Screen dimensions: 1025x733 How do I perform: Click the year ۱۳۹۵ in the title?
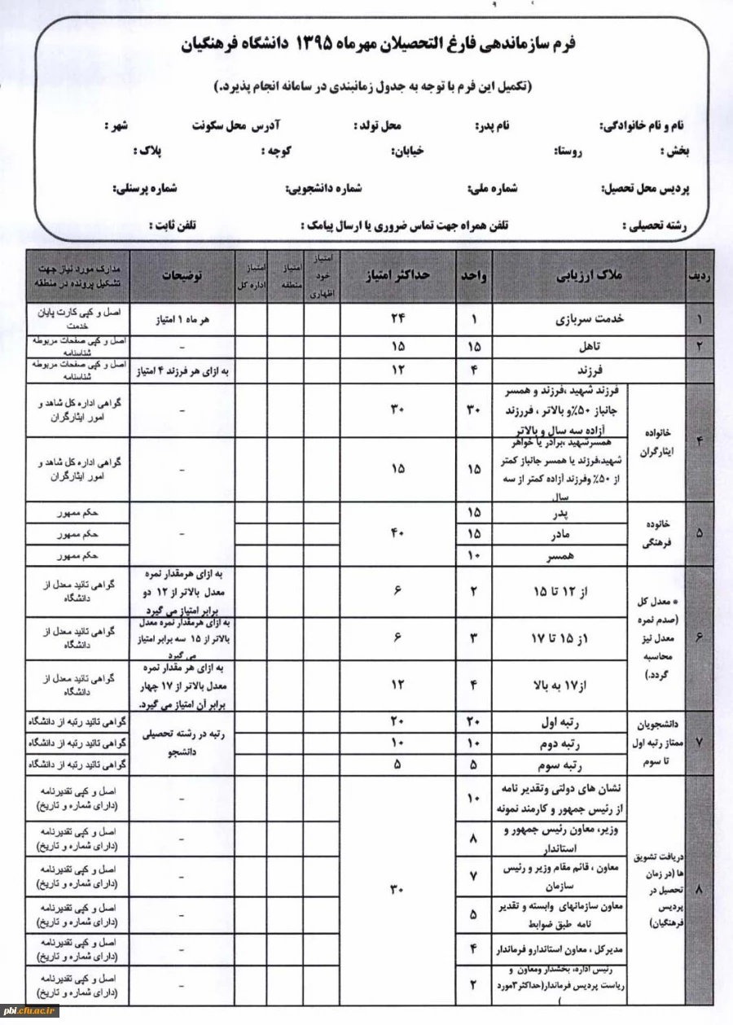click(306, 43)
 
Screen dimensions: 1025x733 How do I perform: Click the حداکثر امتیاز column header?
click(397, 276)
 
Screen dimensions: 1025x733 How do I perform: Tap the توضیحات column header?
click(182, 276)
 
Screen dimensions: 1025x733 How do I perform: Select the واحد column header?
click(474, 276)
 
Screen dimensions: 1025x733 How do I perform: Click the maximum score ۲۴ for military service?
click(397, 320)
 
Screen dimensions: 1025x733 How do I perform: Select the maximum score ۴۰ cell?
click(397, 534)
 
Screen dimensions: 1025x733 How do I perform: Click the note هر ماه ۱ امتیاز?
click(182, 320)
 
